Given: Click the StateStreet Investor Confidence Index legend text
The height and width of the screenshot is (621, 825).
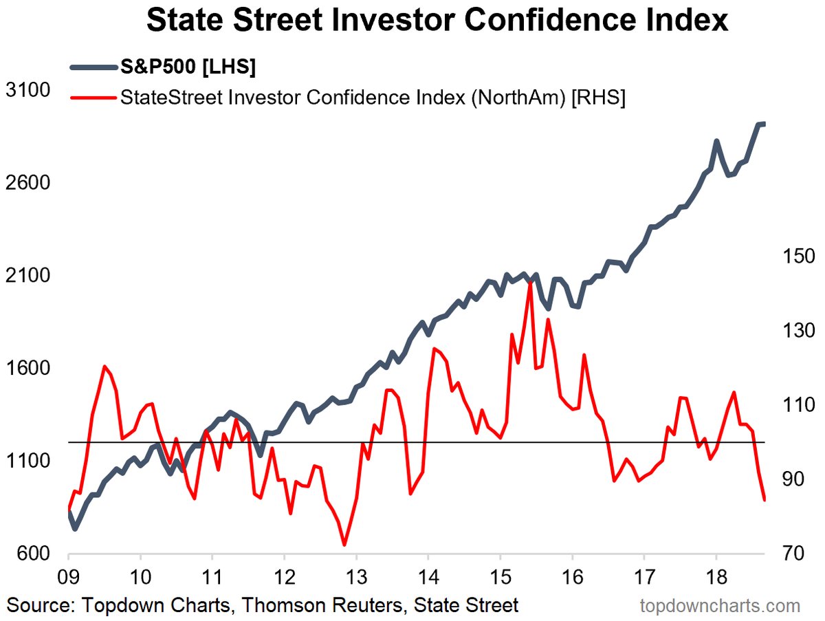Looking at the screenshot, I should coord(371,97).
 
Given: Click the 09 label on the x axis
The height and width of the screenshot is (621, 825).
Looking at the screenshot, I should coord(69,576).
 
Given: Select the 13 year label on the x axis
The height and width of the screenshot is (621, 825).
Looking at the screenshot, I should coord(355,576).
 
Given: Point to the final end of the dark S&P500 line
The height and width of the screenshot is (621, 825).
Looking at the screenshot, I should coord(764,124).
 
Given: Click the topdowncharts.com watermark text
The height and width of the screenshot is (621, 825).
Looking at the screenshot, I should coord(720,606).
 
